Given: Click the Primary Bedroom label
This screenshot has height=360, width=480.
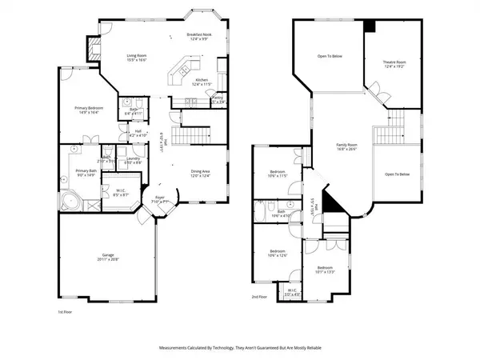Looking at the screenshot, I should [87, 110].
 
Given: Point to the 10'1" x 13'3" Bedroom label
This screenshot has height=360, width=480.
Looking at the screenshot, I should [324, 270].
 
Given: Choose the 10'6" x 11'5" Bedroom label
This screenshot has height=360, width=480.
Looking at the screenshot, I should [278, 174].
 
